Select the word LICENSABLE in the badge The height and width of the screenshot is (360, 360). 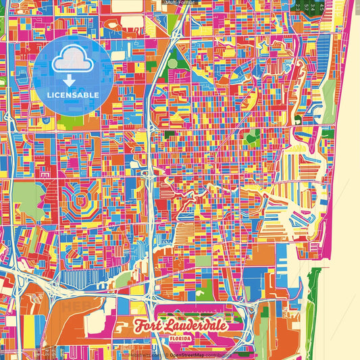(72, 95)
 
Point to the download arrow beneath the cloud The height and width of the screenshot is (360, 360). (70, 80)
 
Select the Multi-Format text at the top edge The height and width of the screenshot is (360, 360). (180, 3)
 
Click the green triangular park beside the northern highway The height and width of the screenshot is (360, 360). (178, 61)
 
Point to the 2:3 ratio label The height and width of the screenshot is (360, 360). (298, 6)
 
